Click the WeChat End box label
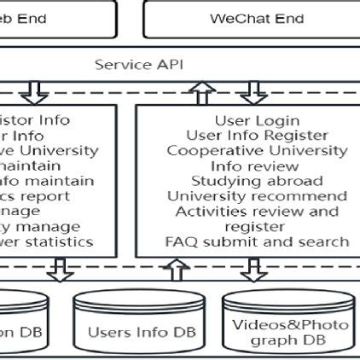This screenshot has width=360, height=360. coord(257,18)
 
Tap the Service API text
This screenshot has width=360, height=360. coord(138,64)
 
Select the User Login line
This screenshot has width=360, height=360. coord(257,120)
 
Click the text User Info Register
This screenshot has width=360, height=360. coord(257,135)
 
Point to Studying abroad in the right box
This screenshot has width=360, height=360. coord(257,181)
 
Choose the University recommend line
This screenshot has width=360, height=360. coord(257,196)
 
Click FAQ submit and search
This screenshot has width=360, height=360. coord(257,242)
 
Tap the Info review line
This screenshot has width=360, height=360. coord(257,165)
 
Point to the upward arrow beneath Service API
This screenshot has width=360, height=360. coord(201,90)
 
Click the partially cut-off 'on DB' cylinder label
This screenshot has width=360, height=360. coord(17,333)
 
